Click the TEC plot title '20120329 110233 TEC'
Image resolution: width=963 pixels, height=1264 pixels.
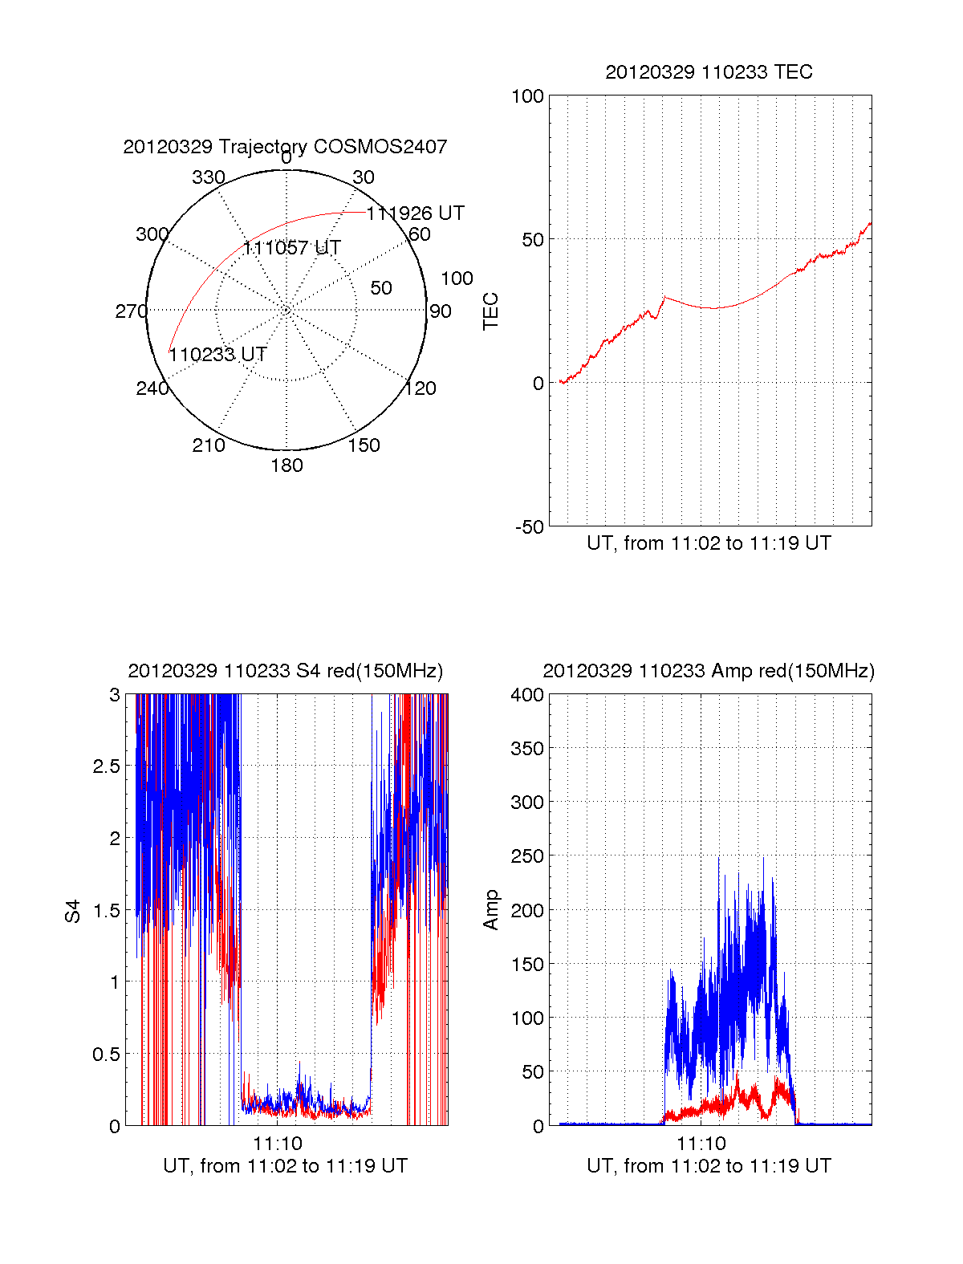click(709, 72)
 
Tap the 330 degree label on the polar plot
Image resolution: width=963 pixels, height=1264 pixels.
click(209, 177)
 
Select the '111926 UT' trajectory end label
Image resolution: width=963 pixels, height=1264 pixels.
click(416, 213)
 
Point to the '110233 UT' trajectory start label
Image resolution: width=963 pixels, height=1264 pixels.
click(217, 355)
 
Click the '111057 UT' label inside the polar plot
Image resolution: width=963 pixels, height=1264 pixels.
click(292, 248)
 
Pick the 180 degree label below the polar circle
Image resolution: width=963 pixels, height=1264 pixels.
click(286, 465)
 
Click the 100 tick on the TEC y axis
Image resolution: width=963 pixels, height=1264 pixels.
click(527, 96)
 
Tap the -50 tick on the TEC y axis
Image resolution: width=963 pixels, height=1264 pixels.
click(529, 527)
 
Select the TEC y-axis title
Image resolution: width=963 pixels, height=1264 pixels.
click(491, 311)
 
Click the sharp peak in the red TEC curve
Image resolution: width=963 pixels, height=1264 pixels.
click(664, 297)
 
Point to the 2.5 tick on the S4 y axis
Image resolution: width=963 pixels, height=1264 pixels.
click(106, 766)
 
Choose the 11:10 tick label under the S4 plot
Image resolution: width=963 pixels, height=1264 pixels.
click(278, 1144)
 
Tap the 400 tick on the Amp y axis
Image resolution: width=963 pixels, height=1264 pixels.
click(527, 695)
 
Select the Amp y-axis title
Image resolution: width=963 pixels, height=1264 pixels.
click(491, 910)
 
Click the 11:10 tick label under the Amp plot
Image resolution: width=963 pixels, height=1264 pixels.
click(701, 1144)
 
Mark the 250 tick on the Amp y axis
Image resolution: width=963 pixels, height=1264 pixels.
click(527, 856)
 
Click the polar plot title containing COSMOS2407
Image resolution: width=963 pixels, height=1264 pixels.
click(285, 147)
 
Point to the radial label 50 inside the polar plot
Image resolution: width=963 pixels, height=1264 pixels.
click(381, 288)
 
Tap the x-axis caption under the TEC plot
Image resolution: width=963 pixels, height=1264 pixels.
click(709, 543)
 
